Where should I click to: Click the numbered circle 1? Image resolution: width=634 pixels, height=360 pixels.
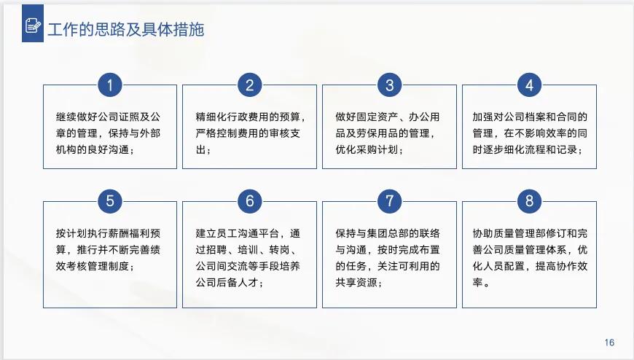click(109, 85)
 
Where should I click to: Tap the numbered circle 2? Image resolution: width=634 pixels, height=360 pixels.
click(249, 85)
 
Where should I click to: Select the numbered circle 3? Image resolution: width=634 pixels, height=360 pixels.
click(389, 85)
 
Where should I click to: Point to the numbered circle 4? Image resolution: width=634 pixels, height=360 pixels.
click(529, 85)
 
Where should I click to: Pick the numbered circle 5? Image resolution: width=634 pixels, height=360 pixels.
click(109, 201)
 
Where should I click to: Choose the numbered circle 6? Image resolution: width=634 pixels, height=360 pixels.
click(249, 201)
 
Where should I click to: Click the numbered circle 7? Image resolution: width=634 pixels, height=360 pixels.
click(389, 201)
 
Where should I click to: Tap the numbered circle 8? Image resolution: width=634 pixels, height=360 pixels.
click(529, 201)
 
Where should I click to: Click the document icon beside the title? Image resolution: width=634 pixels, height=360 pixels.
click(33, 27)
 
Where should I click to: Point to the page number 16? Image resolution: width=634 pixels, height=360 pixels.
click(610, 343)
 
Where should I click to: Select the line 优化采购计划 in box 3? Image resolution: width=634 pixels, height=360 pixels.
click(369, 150)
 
